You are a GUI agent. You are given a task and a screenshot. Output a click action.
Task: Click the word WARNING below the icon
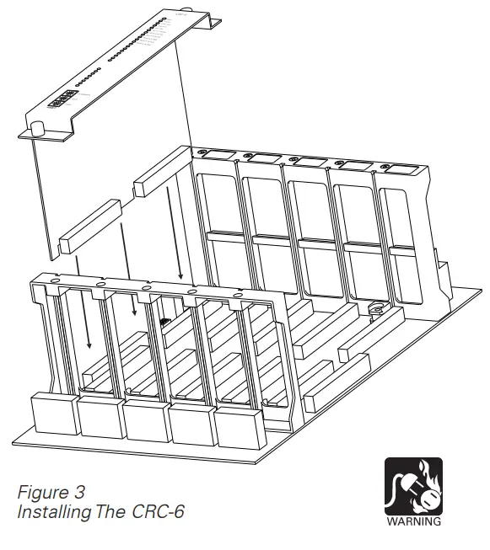(x=413, y=521)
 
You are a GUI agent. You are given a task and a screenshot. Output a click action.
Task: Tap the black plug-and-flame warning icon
(x=413, y=486)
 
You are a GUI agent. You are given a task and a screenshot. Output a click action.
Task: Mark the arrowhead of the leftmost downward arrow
(x=88, y=346)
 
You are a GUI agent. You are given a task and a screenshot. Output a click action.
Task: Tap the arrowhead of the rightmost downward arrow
(x=180, y=277)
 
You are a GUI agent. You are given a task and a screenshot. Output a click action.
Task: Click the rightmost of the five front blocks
(x=239, y=425)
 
